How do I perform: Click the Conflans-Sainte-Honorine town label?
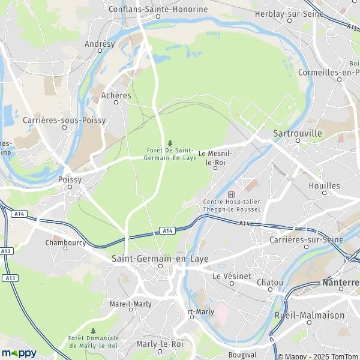pos(158,9)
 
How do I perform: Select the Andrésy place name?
pos(99,44)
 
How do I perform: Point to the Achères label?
pos(116,95)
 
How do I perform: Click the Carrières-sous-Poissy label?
pos(64,120)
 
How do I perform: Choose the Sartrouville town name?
pos(297,133)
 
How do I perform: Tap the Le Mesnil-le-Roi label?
pos(214,158)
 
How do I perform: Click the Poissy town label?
pos(70,179)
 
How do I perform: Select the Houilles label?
pos(324,186)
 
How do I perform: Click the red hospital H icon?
pos(232,194)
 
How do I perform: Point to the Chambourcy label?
pos(66,243)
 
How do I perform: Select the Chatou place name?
pos(270,281)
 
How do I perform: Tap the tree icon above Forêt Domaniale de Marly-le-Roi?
pos(93,331)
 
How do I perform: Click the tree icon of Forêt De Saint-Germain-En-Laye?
pos(170,143)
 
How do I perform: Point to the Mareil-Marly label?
pos(131,304)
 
